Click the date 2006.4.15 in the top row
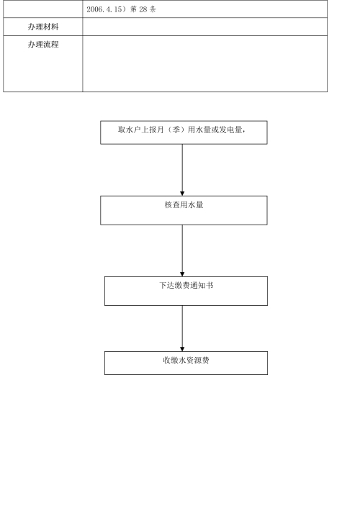click(x=104, y=9)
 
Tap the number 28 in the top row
click(x=143, y=9)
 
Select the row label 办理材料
click(x=43, y=27)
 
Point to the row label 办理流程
click(x=43, y=45)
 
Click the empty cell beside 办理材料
click(x=204, y=27)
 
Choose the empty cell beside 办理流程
click(x=204, y=63)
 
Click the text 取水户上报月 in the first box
click(x=141, y=130)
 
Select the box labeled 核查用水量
click(x=184, y=210)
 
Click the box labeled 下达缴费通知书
click(x=186, y=291)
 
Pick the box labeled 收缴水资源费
click(x=186, y=363)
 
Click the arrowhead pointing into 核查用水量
click(x=182, y=194)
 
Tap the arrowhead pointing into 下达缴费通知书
click(x=182, y=274)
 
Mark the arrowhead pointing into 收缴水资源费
click(x=182, y=349)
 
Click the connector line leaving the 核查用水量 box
click(x=182, y=250)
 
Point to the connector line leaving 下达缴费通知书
click(x=182, y=328)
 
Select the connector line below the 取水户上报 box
click(x=182, y=170)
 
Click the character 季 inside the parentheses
click(x=176, y=130)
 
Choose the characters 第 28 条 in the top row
click(x=143, y=9)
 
